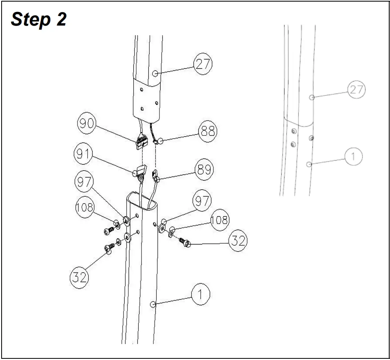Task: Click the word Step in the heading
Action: (30, 19)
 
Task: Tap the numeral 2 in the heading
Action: (61, 19)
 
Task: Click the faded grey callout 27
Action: (356, 90)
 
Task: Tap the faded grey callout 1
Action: (353, 156)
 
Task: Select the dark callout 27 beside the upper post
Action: (203, 64)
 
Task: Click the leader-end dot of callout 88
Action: (161, 141)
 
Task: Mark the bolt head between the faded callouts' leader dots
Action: (311, 138)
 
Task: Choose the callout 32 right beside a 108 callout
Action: (238, 241)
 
